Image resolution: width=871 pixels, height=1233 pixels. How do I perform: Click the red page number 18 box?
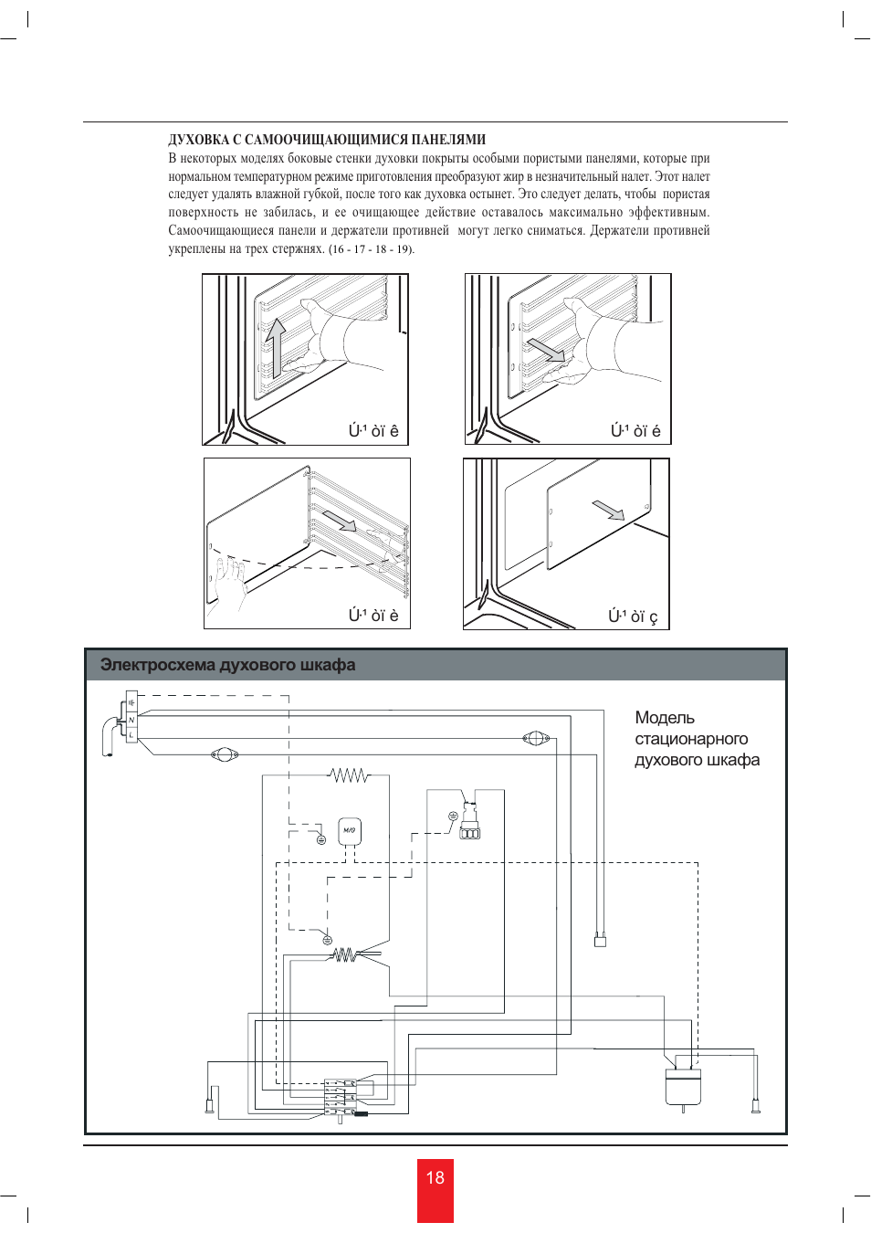point(435,1189)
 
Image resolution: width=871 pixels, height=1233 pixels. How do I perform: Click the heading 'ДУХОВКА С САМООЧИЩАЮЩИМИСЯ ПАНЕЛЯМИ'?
point(327,140)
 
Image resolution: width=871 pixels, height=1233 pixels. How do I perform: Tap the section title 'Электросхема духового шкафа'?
point(227,665)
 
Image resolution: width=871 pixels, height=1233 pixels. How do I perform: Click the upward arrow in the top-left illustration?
point(274,347)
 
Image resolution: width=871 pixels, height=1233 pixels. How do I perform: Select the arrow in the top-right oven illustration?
point(546,350)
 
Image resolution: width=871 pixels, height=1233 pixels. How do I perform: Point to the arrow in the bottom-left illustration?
point(340,521)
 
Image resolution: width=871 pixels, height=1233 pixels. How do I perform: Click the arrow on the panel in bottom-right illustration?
point(608,510)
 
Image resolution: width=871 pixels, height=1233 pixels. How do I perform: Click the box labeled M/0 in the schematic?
point(350,831)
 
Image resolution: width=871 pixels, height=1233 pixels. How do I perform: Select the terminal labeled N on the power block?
point(131,721)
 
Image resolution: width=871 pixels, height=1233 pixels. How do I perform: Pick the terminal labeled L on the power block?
point(131,734)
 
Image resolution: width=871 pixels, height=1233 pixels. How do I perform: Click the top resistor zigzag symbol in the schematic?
point(349,775)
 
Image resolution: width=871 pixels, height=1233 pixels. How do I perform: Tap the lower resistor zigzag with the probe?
point(345,954)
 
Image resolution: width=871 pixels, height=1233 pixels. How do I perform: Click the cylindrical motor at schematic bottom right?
point(682,1085)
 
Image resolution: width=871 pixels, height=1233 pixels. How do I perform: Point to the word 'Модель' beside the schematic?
point(664,718)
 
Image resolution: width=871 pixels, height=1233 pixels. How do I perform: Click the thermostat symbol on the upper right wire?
point(535,738)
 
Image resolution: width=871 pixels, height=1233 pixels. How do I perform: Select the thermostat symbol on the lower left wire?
point(224,754)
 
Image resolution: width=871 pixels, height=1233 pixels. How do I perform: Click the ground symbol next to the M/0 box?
point(321,839)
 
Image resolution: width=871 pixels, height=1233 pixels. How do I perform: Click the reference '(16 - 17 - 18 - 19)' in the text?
point(371,249)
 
